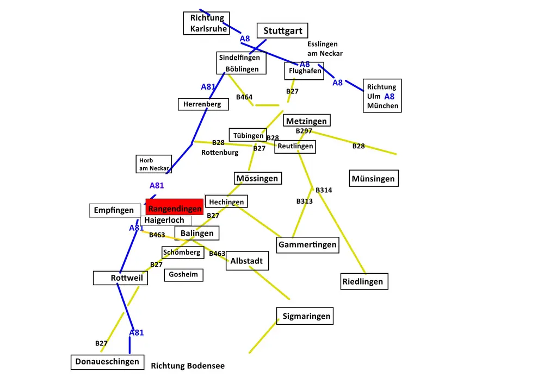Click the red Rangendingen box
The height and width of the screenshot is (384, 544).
(175, 207)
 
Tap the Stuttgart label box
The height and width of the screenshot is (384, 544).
(282, 30)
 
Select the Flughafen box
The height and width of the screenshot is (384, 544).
(304, 71)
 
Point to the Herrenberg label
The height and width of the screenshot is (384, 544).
(203, 104)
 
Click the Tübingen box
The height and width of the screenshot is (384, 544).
(248, 135)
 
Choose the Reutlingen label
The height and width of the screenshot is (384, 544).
(295, 147)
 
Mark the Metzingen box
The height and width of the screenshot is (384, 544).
(307, 121)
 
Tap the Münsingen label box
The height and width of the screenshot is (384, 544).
(374, 178)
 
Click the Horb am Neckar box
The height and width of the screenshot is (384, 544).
(154, 164)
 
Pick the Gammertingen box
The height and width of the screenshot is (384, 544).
(308, 245)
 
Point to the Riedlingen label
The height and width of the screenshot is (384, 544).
(364, 281)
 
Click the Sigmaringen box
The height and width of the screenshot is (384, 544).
(305, 316)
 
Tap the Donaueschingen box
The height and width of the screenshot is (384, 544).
(108, 362)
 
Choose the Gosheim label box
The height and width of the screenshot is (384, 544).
(183, 275)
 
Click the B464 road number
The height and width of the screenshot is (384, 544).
(244, 97)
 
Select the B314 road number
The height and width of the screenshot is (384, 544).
(324, 190)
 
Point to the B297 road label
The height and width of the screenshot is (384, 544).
(304, 131)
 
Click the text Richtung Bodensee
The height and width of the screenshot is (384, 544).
(188, 366)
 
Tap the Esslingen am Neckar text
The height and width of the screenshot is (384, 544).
(325, 49)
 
